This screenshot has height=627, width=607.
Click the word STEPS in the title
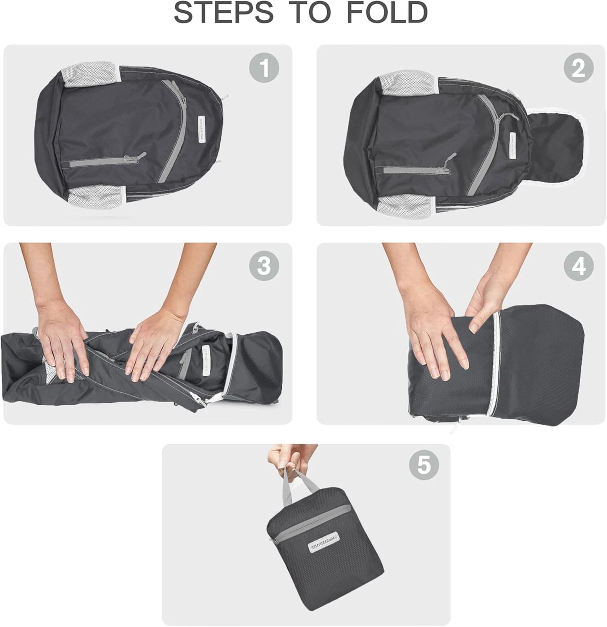point(223,13)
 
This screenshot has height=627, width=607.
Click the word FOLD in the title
point(386,13)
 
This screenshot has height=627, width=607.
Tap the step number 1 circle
point(264,68)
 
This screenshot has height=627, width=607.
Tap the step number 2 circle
point(578,68)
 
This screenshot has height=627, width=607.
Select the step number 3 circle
point(264,266)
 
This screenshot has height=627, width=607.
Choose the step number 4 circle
point(578,266)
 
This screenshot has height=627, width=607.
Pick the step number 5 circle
point(423,465)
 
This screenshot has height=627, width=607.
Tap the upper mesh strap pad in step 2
point(407,83)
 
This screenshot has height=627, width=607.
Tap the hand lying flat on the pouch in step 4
point(437,340)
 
